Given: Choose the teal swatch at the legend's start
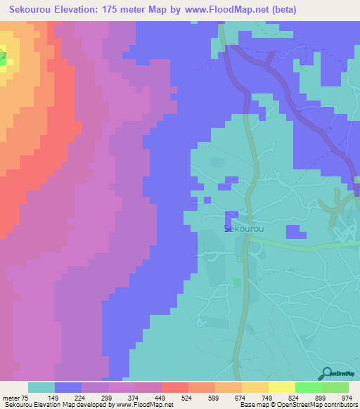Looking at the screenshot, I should (x=41, y=387).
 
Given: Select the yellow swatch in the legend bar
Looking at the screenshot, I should (x=281, y=387).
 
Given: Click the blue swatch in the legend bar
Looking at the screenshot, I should (x=68, y=387).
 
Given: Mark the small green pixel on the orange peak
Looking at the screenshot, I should (x=2, y=60).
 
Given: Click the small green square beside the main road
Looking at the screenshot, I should (x=238, y=282).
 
